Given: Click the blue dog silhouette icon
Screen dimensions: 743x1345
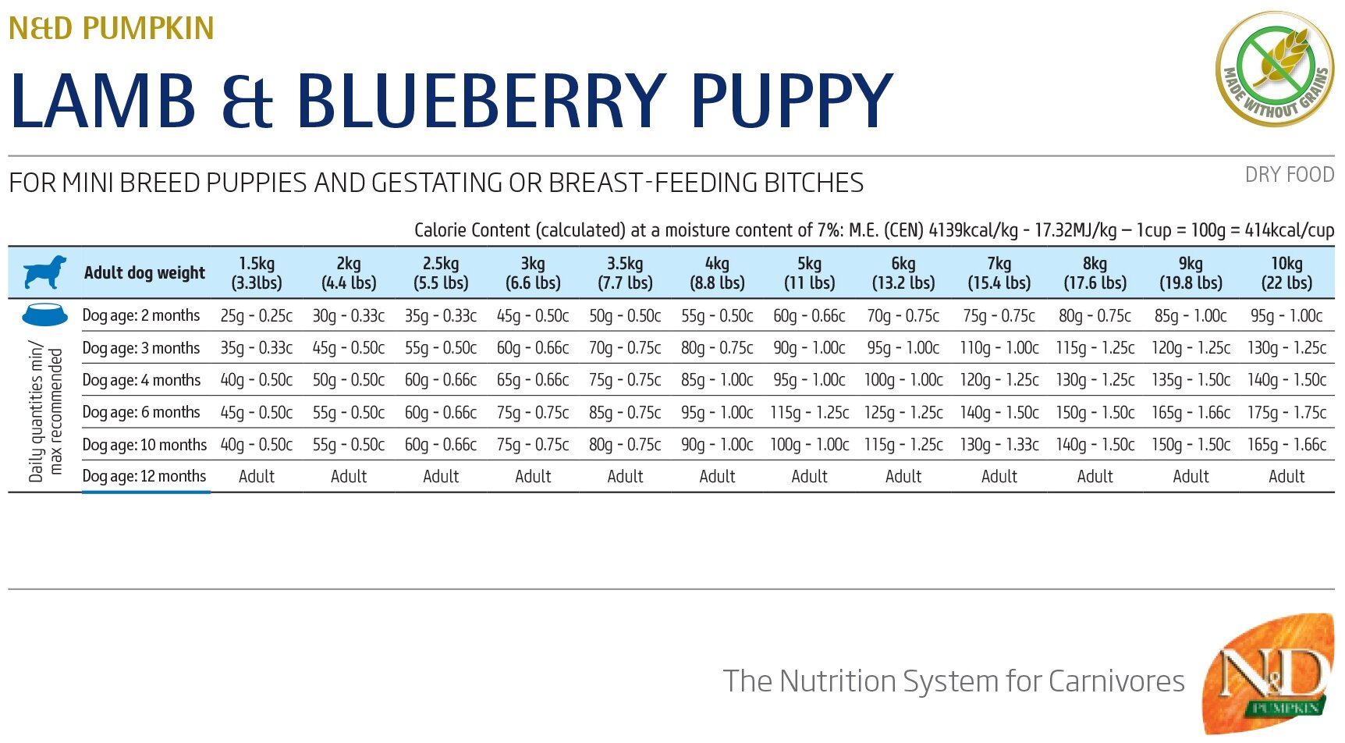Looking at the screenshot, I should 44,272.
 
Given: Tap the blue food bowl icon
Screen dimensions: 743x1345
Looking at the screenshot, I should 44,315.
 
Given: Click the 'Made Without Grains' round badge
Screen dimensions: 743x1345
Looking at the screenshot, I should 1274,69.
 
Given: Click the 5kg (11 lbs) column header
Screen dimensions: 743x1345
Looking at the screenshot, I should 809,273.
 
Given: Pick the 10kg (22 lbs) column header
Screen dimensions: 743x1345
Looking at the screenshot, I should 1286,273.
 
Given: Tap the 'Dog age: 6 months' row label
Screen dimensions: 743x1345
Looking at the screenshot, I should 141,412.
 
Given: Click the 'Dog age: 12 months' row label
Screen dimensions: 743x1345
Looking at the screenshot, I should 144,476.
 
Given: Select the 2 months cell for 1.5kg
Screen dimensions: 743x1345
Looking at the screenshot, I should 256,316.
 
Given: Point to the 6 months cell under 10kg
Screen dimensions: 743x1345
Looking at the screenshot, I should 1286,412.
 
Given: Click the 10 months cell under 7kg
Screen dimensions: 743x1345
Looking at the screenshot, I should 999,445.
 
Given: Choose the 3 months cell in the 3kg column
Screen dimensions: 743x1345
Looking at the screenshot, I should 533,348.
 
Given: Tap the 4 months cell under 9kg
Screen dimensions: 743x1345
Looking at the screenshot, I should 1191,380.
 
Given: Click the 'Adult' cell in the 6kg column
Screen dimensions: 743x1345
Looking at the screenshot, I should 903,477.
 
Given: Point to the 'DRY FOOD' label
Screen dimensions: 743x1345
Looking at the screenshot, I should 1289,175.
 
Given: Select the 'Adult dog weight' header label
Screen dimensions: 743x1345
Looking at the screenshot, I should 144,273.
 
